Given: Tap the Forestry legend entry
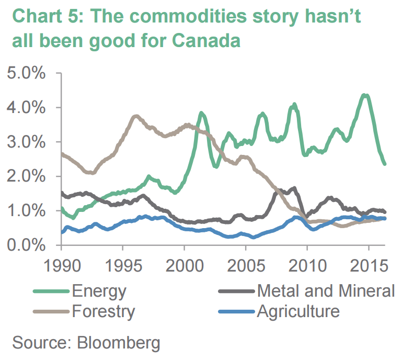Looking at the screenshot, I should (104, 312).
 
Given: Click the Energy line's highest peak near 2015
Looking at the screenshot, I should (365, 95).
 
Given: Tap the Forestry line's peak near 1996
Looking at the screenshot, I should (136, 116).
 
